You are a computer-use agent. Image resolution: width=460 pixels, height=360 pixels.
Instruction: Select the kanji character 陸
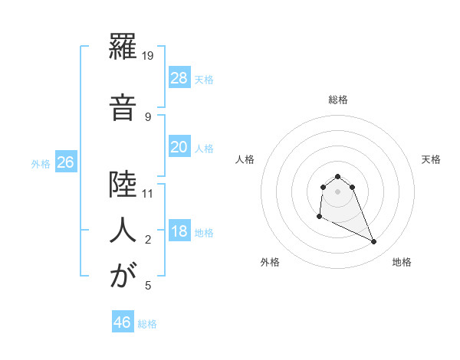pos(122,186)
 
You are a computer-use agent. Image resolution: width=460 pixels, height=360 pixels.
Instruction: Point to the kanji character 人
pos(122,231)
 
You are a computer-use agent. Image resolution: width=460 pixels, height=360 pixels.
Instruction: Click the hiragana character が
pos(122,277)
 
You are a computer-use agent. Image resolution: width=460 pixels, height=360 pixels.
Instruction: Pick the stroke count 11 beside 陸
pos(149,193)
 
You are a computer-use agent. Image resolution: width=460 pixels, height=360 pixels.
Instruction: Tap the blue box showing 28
pos(179,78)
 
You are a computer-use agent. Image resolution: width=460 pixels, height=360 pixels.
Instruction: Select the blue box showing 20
pos(179,147)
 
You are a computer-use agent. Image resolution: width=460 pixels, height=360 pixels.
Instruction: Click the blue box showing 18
pos(179,231)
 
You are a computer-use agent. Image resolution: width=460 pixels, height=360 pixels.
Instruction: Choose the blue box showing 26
pos(65,162)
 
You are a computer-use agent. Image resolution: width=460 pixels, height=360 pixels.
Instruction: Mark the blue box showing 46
pos(122,322)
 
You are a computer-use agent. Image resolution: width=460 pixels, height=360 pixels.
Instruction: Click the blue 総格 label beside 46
pos(147,324)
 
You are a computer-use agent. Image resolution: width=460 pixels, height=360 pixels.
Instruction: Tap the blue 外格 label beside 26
pos(41,163)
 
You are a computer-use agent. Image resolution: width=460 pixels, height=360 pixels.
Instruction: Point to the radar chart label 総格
pos(337,100)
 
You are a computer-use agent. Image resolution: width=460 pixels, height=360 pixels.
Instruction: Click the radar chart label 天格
pos(432,159)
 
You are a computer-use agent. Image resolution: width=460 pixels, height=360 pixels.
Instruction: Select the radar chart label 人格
pos(245,159)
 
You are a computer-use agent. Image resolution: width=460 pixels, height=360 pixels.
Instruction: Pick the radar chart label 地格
pos(402,262)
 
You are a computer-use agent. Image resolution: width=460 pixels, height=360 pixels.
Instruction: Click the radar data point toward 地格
pos(374,242)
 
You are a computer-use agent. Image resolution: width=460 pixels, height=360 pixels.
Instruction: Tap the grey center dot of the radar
pos(337,191)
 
